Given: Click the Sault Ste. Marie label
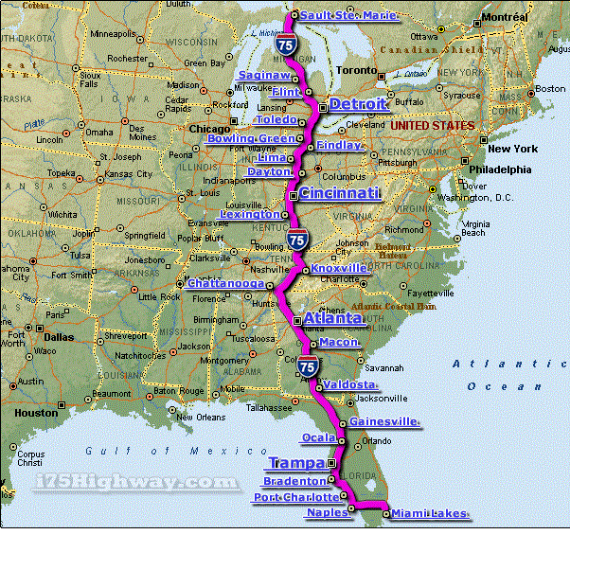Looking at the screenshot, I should click(x=347, y=15).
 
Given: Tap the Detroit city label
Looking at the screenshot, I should click(x=358, y=104).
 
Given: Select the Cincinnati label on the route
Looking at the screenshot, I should click(x=340, y=193).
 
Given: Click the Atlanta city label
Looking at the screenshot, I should click(x=332, y=319).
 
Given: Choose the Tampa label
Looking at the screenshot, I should click(x=296, y=463).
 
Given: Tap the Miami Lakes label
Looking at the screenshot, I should click(x=429, y=513).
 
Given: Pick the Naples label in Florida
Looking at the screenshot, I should click(x=327, y=512).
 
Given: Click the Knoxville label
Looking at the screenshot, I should click(x=339, y=268).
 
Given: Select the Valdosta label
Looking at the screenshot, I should click(x=350, y=384).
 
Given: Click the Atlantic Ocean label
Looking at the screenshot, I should click(x=503, y=374).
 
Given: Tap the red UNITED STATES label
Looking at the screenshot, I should click(x=432, y=125).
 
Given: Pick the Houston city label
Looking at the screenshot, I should click(x=36, y=413).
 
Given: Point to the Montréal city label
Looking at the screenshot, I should click(x=504, y=18).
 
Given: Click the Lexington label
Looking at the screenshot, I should click(x=250, y=215).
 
